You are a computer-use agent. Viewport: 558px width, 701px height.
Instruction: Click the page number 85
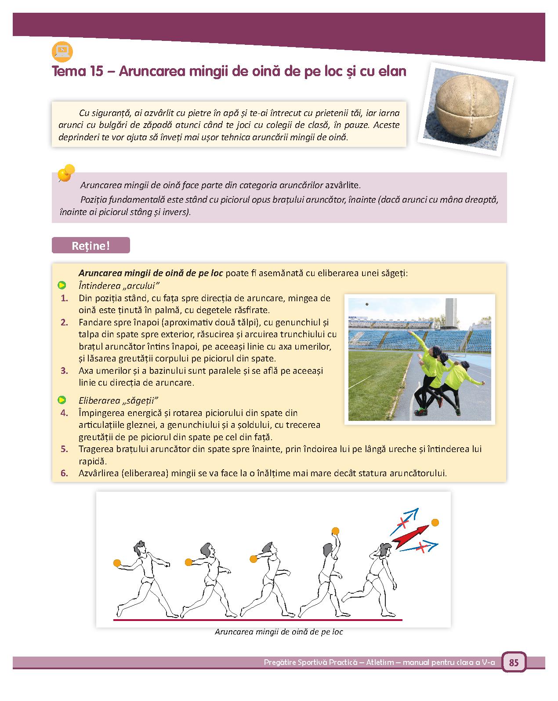[x=514, y=662]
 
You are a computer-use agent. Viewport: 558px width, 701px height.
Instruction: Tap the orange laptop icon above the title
[x=62, y=52]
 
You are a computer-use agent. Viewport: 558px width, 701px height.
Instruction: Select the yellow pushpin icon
[x=66, y=173]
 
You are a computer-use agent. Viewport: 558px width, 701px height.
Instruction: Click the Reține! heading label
[x=91, y=245]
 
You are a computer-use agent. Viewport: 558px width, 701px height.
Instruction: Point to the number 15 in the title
[x=97, y=71]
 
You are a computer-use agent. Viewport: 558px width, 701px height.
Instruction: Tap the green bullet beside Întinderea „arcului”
[x=62, y=285]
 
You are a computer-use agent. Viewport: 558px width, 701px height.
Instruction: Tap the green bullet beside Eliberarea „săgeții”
[x=62, y=400]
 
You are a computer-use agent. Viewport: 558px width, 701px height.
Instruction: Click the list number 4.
[x=65, y=413]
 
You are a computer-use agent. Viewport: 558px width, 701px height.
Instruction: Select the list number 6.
[x=65, y=473]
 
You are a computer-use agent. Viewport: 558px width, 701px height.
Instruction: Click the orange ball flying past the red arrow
[x=435, y=522]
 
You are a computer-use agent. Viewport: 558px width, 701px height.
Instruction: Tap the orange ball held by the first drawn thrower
[x=117, y=563]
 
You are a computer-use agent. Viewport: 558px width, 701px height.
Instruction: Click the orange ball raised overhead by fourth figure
[x=335, y=531]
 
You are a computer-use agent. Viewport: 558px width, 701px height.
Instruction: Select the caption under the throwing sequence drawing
[x=279, y=632]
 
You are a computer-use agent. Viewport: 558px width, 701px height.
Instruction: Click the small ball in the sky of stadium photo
[x=367, y=304]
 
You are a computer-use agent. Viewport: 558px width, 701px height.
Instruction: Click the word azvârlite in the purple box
[x=342, y=185]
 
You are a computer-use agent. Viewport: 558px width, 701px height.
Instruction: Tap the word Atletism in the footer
[x=380, y=662]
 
